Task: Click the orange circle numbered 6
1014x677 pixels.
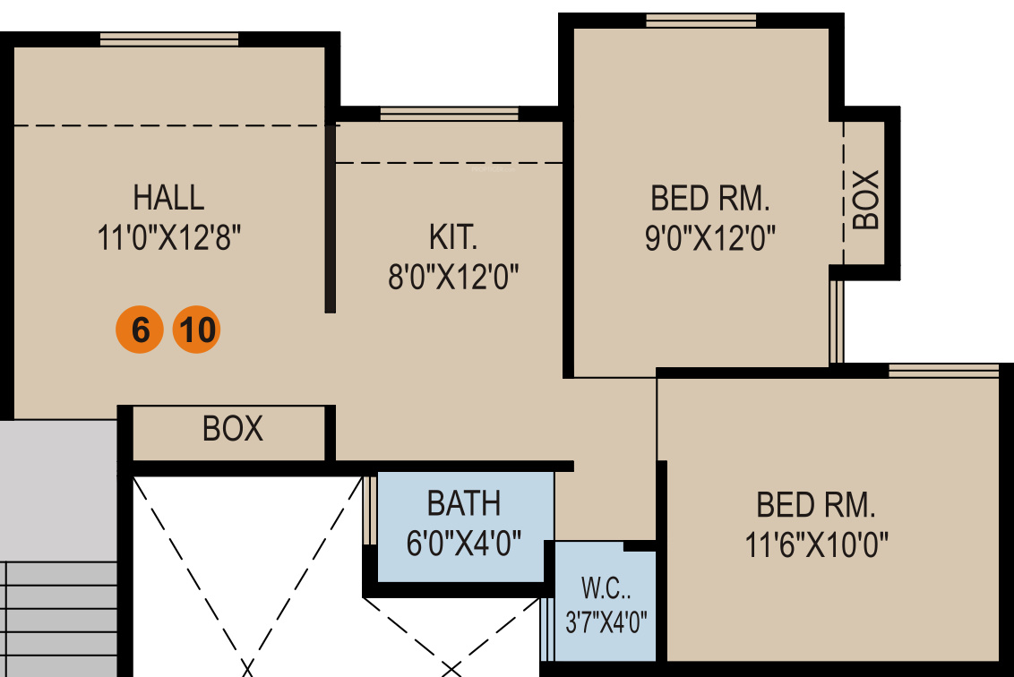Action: point(140,330)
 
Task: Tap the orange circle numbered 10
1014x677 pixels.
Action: point(195,330)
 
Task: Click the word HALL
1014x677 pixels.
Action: point(168,197)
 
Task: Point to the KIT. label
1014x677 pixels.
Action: point(453,238)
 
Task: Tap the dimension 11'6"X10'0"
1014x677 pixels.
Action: point(816,544)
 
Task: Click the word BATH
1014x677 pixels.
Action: point(464,503)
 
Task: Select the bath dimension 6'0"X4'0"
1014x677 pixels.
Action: point(464,544)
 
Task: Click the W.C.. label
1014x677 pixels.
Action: point(605,588)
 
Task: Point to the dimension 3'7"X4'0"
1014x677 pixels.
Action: point(606,621)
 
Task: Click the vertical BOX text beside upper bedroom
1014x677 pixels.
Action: point(866,199)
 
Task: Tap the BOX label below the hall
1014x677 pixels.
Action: point(233,429)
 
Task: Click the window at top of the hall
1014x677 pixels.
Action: point(169,39)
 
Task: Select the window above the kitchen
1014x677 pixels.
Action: point(449,113)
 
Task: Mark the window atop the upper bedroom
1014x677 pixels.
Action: point(702,21)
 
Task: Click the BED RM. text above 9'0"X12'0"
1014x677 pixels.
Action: point(710,197)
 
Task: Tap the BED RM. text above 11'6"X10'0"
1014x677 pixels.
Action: point(816,505)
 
